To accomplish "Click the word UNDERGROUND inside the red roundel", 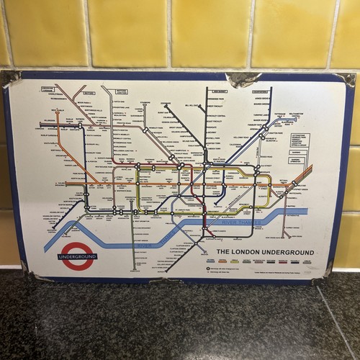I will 76,256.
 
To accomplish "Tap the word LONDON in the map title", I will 251,252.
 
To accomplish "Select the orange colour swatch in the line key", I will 240,261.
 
